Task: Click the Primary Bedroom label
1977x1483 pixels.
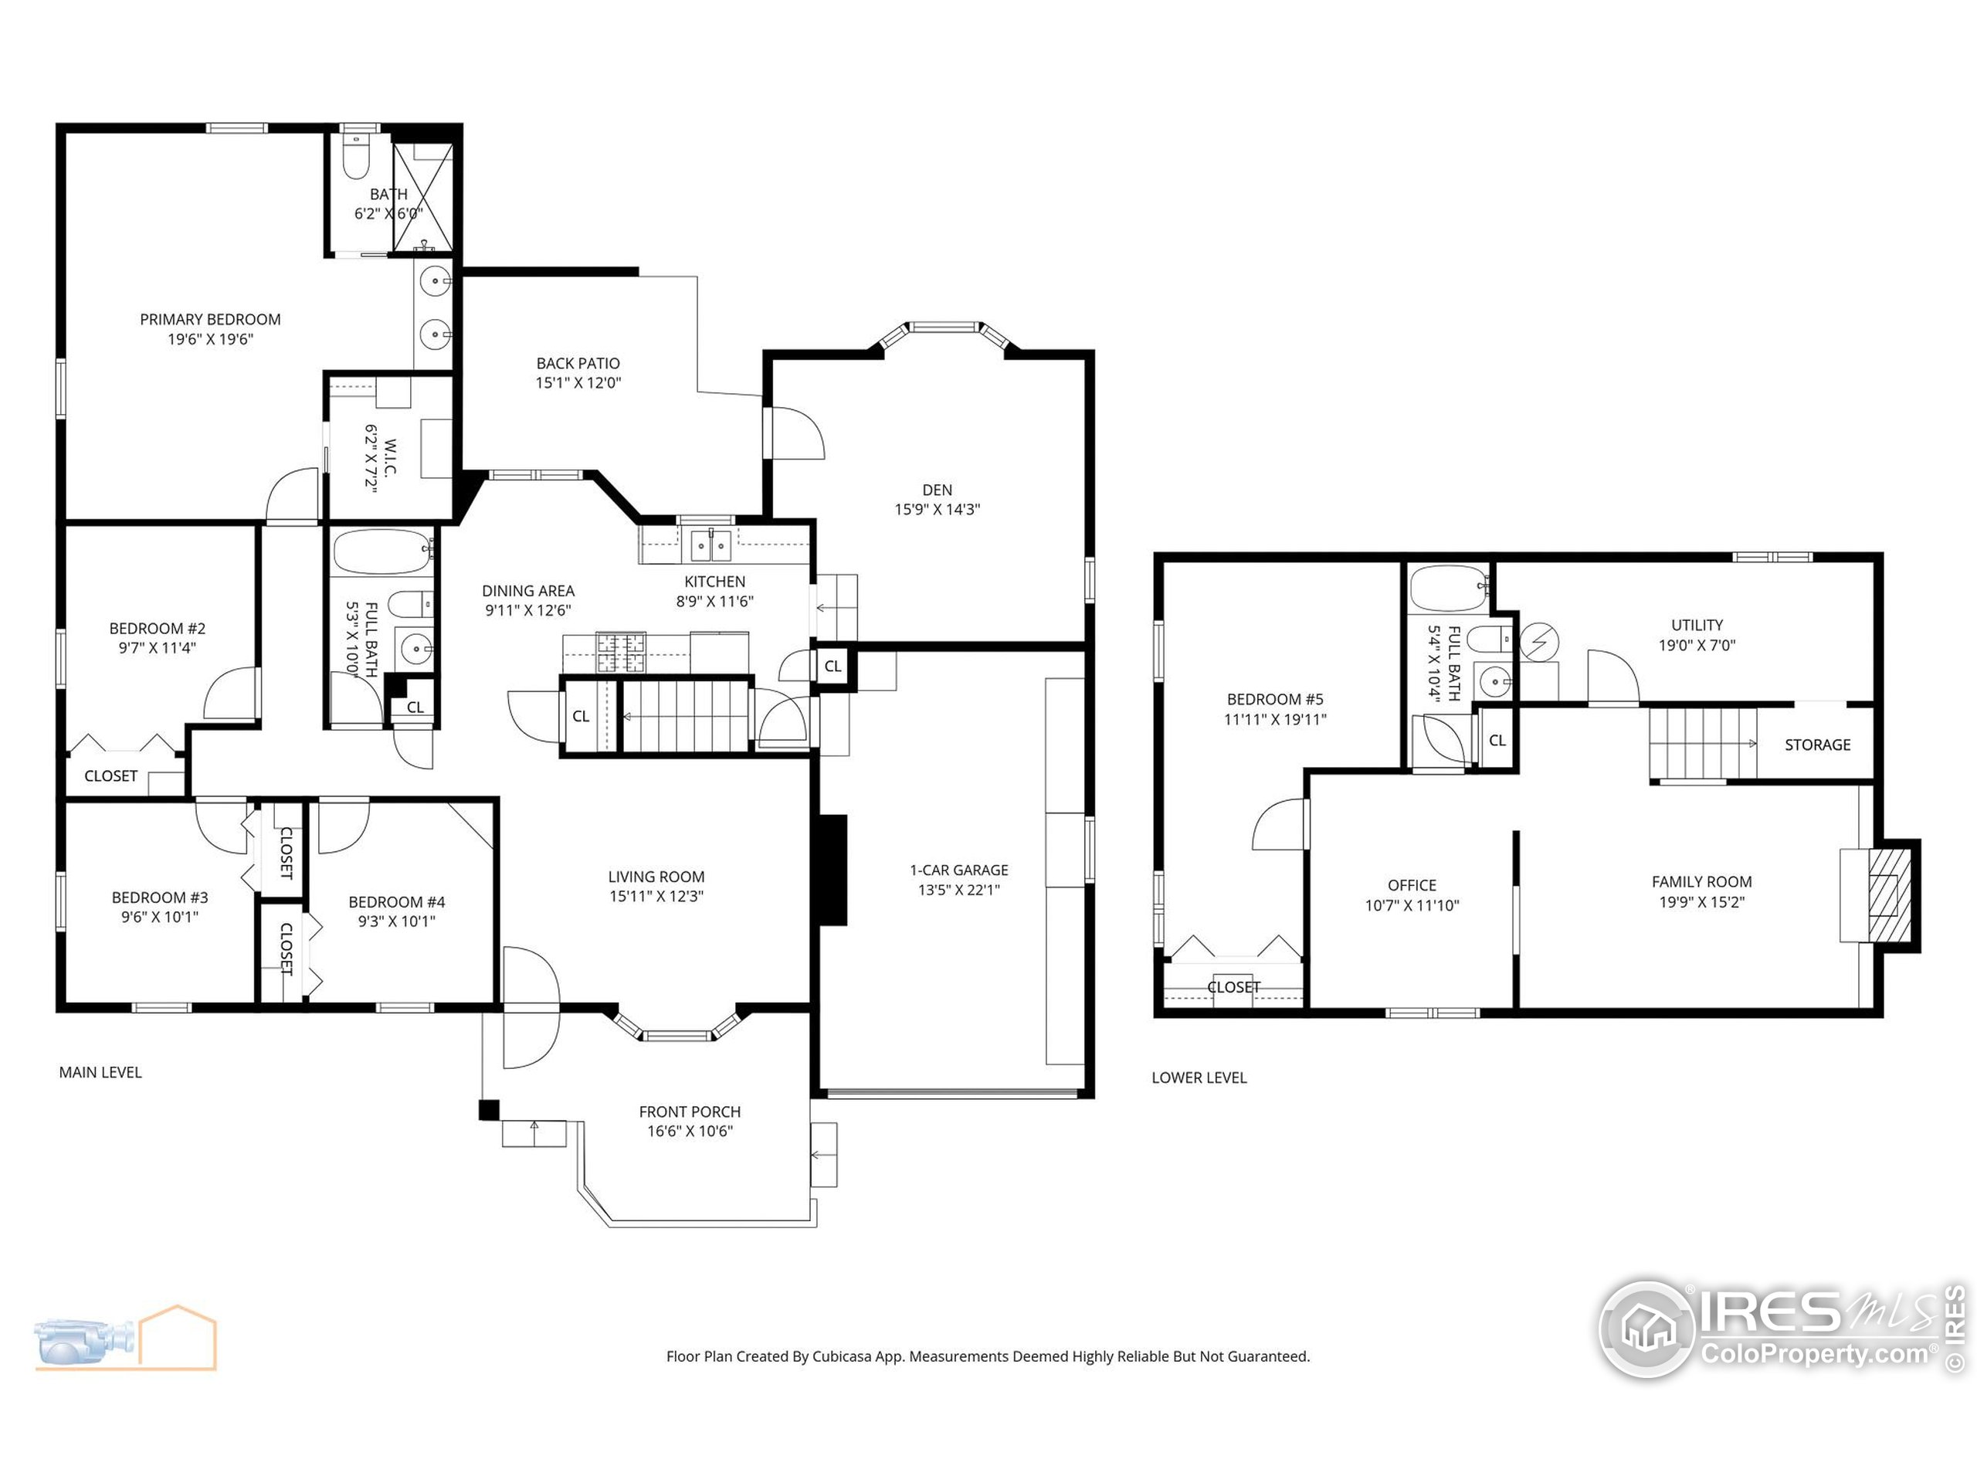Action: [x=210, y=319]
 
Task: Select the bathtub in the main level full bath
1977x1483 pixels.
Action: [x=381, y=552]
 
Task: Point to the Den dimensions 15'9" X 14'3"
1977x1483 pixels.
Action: [x=937, y=510]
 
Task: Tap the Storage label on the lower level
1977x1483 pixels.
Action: [x=1817, y=745]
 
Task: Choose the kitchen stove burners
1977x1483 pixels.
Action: [x=620, y=652]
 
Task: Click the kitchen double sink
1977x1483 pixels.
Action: [x=710, y=545]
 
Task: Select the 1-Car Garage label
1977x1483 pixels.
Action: [x=958, y=870]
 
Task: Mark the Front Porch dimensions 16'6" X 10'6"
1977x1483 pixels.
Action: [x=689, y=1131]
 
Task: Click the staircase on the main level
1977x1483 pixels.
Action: [x=685, y=716]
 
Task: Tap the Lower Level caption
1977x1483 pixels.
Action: [x=1199, y=1078]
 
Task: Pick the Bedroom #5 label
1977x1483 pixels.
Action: [x=1274, y=699]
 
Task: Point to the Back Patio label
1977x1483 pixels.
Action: [x=578, y=363]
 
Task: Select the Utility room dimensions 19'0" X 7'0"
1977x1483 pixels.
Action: [x=1697, y=644]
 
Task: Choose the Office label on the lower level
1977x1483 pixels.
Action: [x=1411, y=885]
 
